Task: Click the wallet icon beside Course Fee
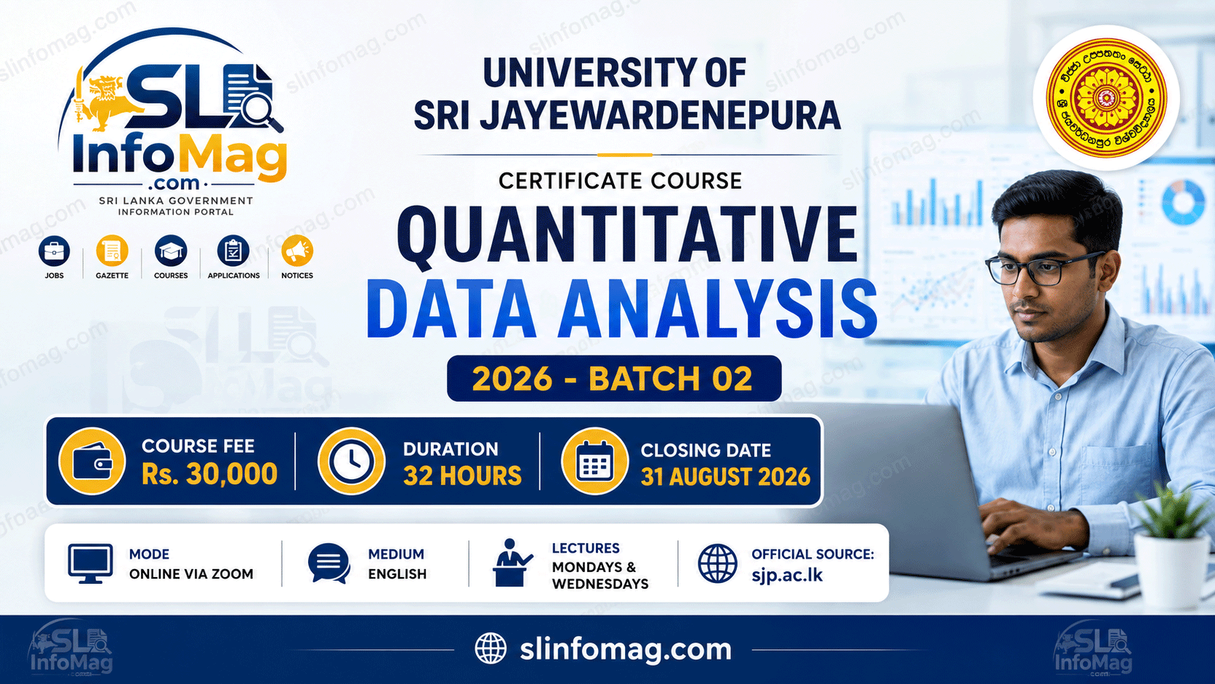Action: tap(92, 461)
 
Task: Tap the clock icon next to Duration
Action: tap(351, 461)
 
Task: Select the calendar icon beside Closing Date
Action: tap(594, 461)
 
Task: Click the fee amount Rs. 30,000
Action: tap(209, 473)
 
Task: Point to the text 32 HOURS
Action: tap(462, 475)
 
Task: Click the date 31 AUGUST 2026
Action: tap(725, 477)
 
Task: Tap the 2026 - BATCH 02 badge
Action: tap(613, 379)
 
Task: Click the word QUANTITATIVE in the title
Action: tap(628, 235)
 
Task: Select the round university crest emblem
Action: tap(1106, 97)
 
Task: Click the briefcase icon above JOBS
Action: tap(55, 252)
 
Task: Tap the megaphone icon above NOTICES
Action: tap(297, 252)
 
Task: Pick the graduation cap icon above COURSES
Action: tap(171, 252)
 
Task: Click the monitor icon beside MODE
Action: tap(91, 563)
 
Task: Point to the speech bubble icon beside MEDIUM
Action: tap(328, 563)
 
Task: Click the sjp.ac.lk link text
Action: tap(787, 575)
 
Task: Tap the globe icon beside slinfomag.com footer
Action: tap(491, 648)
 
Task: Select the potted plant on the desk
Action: tap(1174, 548)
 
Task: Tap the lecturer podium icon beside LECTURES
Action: tap(512, 563)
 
